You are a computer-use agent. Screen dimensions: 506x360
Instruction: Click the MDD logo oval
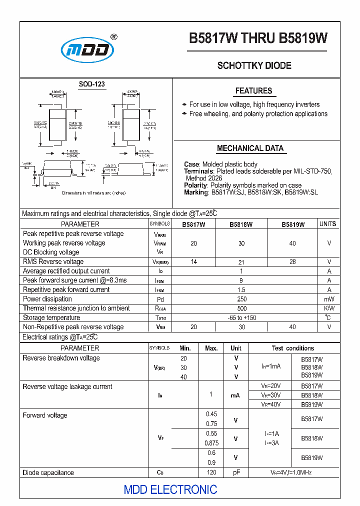[87, 50]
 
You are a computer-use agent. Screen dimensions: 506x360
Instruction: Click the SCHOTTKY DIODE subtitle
[254, 65]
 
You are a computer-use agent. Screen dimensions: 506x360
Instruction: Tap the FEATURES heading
[253, 91]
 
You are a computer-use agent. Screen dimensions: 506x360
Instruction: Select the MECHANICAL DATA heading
[250, 148]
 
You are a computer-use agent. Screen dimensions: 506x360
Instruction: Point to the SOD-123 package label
[92, 84]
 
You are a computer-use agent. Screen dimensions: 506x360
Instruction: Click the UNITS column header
[328, 224]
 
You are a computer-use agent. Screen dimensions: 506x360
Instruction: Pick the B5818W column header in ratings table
[241, 224]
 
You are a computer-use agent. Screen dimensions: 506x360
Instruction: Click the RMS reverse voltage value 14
[194, 261]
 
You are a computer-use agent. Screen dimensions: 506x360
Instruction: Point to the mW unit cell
[329, 299]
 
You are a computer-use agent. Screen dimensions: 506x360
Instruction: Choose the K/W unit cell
[329, 308]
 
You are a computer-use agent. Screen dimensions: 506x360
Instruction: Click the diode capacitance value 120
[211, 472]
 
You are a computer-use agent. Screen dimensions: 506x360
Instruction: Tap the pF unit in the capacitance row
[236, 472]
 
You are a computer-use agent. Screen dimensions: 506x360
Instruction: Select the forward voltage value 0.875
[211, 443]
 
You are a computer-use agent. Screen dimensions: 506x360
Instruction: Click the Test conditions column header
[293, 348]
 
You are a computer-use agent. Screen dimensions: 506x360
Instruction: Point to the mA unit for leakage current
[235, 395]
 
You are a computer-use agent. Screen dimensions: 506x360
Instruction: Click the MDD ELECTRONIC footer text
[170, 489]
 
